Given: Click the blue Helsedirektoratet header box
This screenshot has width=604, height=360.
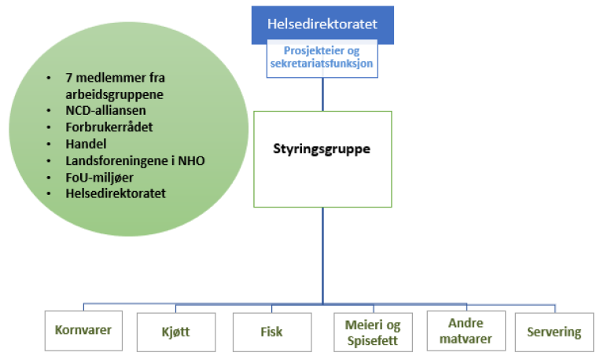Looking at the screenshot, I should click(x=322, y=24).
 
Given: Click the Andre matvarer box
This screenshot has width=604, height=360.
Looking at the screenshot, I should click(x=464, y=331).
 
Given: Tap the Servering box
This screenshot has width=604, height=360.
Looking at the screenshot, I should click(x=554, y=332).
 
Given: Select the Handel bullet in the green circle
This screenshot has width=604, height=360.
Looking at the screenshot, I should click(x=86, y=144).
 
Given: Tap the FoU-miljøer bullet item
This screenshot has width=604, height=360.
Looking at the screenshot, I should click(x=101, y=177).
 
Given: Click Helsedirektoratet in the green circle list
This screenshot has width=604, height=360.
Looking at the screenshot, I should click(x=116, y=193).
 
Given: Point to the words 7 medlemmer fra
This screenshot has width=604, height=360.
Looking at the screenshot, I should click(x=113, y=78).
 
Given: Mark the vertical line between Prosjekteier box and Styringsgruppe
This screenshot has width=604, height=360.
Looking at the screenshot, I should click(x=322, y=94).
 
